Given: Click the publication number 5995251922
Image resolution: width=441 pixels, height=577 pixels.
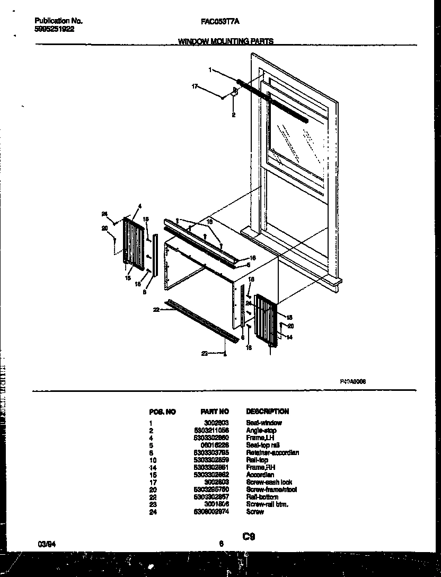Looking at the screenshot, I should pyautogui.click(x=55, y=29).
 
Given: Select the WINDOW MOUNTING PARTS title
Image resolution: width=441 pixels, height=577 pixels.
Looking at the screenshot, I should pyautogui.click(x=226, y=41).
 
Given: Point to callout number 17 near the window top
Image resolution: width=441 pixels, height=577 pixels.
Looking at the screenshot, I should pyautogui.click(x=195, y=86).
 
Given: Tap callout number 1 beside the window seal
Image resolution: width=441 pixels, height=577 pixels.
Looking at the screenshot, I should pyautogui.click(x=210, y=69).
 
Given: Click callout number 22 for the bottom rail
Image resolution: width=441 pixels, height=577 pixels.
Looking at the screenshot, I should pyautogui.click(x=156, y=309).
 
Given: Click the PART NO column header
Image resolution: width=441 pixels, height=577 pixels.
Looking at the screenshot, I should pyautogui.click(x=215, y=412).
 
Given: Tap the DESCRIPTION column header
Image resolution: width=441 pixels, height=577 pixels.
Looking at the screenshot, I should pyautogui.click(x=267, y=412).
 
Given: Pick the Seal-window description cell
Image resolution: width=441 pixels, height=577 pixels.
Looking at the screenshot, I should pyautogui.click(x=263, y=423).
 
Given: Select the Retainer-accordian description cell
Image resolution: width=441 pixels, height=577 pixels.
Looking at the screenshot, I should pyautogui.click(x=272, y=452).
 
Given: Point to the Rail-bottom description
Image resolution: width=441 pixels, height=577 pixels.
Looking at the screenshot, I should pyautogui.click(x=261, y=497).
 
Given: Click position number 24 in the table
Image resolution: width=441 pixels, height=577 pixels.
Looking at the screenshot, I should pyautogui.click(x=152, y=512).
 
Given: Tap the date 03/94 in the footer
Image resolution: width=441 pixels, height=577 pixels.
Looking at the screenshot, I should pyautogui.click(x=46, y=543).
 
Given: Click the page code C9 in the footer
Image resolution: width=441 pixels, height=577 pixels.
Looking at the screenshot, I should pyautogui.click(x=249, y=537).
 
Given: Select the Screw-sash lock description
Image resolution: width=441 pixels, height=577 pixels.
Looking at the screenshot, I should pyautogui.click(x=269, y=482).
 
